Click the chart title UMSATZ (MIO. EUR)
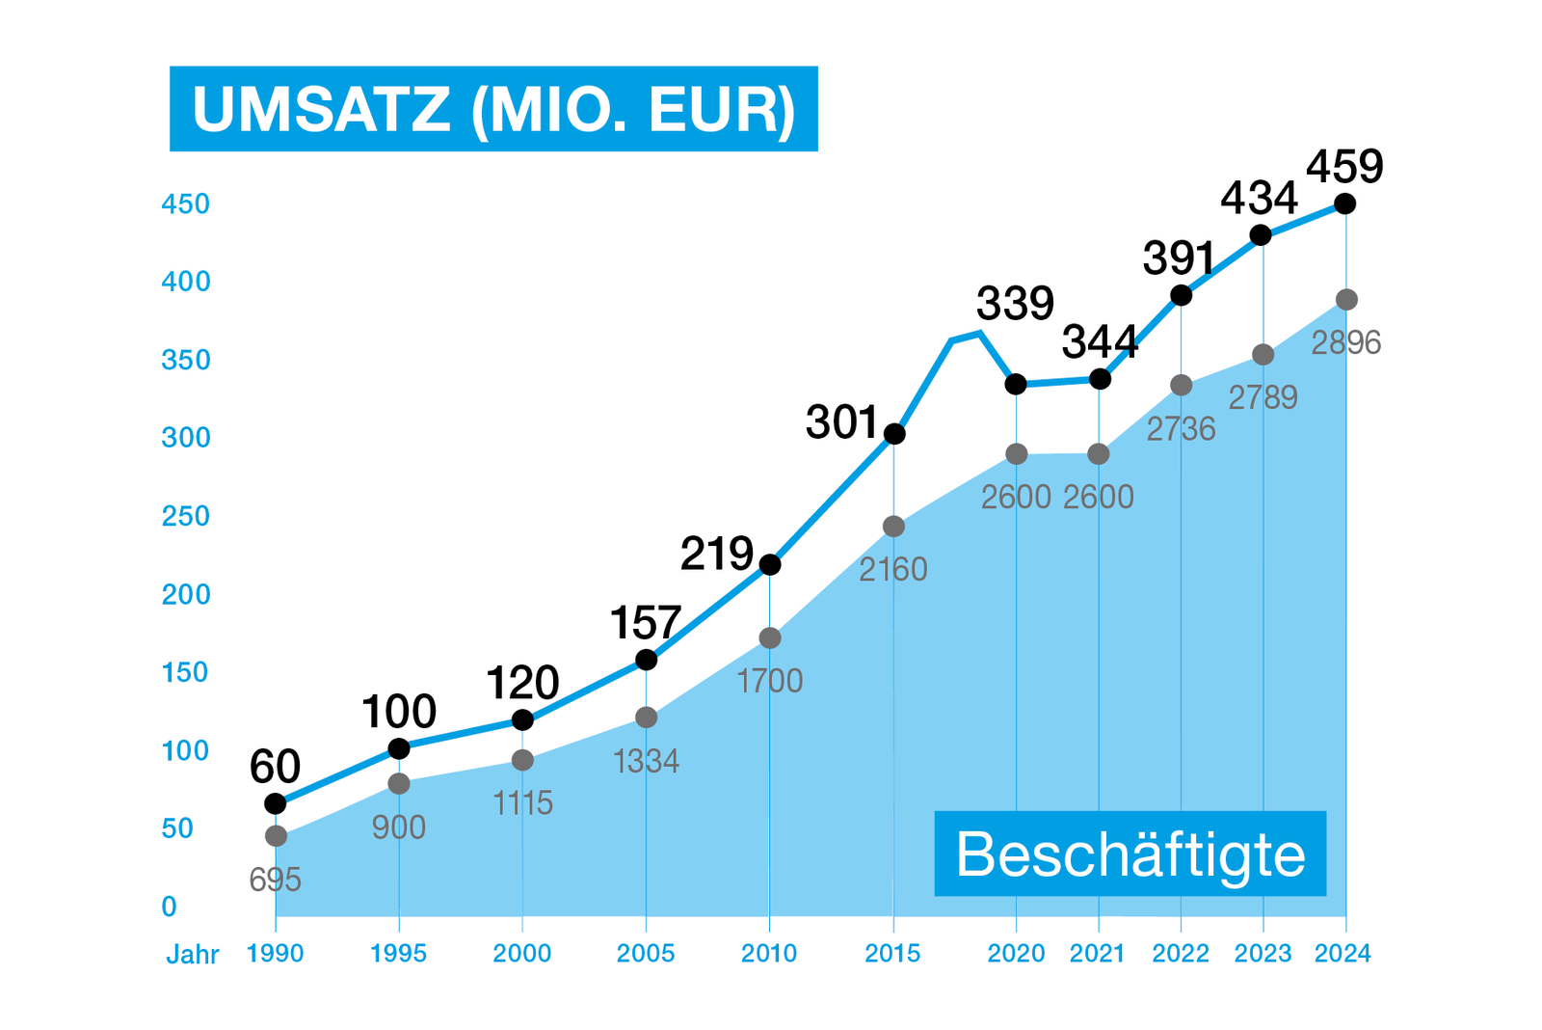(x=493, y=109)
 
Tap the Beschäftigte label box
(x=1130, y=854)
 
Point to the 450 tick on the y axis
(x=185, y=204)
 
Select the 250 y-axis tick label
(x=185, y=516)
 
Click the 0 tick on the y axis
(x=170, y=907)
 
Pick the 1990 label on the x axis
(x=275, y=954)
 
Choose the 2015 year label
(x=892, y=954)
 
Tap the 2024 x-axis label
(x=1343, y=954)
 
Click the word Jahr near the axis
(x=193, y=955)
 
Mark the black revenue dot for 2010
(x=769, y=564)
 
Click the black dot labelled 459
(x=1345, y=204)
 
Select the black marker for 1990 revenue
(x=276, y=803)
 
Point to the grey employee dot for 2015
(x=893, y=527)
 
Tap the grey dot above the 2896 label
(x=1346, y=300)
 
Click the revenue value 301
(x=841, y=422)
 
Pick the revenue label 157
(x=646, y=623)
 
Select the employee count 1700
(x=769, y=682)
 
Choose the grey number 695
(x=275, y=880)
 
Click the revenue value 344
(x=1100, y=342)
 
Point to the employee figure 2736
(x=1181, y=428)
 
